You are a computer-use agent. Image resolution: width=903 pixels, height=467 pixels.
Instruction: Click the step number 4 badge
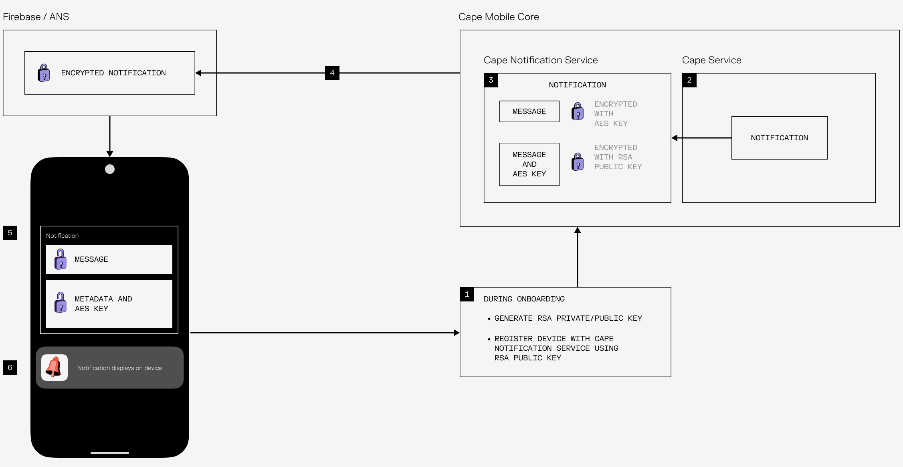332,73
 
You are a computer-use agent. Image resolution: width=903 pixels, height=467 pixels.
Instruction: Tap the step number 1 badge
467,294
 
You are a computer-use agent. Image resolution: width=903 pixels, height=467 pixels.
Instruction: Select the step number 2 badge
689,80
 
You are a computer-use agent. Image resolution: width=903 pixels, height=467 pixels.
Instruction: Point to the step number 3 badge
491,80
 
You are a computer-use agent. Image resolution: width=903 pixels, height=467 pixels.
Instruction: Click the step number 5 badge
10,233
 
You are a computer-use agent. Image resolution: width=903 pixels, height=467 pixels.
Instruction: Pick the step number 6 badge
10,368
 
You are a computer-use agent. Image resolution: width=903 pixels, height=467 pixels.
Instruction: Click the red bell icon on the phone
54,367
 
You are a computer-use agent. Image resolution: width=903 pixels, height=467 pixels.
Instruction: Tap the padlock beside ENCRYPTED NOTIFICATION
44,73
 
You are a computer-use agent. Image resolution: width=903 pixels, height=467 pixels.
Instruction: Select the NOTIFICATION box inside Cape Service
779,138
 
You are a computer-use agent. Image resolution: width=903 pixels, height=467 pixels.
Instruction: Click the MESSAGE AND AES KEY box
529,164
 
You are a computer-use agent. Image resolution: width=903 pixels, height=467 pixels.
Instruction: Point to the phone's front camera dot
110,169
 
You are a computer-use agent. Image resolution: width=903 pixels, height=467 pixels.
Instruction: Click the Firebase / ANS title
36,17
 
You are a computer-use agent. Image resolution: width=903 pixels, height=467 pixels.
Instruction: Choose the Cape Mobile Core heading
499,17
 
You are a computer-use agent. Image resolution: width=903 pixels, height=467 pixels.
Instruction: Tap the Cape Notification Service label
541,60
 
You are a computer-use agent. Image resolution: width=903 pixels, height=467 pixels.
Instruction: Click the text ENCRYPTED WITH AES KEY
615,114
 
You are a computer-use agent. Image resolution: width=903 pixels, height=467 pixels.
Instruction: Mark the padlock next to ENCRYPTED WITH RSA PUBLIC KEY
578,162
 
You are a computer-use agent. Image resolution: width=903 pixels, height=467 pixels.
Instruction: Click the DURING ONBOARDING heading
524,299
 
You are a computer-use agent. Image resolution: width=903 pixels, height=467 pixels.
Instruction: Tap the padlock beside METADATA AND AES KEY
61,303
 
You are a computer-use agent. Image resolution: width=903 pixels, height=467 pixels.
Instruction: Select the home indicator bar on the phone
110,453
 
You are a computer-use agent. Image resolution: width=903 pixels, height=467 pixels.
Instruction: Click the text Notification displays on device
119,368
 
